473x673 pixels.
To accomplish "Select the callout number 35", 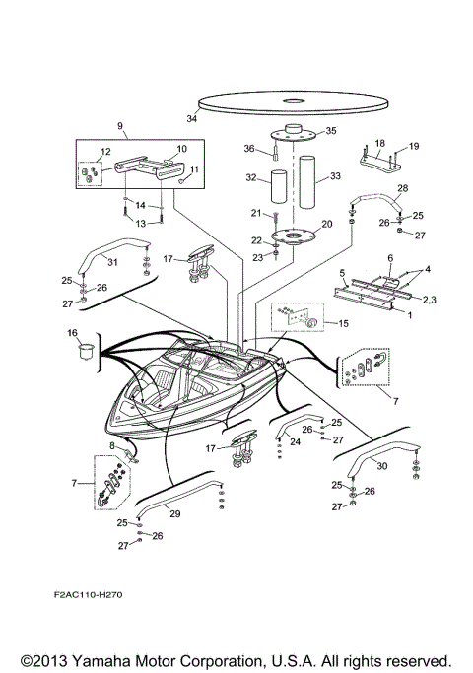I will (x=330, y=130).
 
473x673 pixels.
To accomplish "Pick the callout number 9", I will (x=120, y=127).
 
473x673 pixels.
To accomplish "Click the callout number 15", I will (x=343, y=323).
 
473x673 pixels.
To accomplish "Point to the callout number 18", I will (x=379, y=143).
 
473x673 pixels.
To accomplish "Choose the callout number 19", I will (x=413, y=146).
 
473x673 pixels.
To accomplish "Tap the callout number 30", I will (x=380, y=467).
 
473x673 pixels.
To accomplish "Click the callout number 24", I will (x=295, y=442).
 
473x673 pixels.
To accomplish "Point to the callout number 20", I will (x=326, y=224).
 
